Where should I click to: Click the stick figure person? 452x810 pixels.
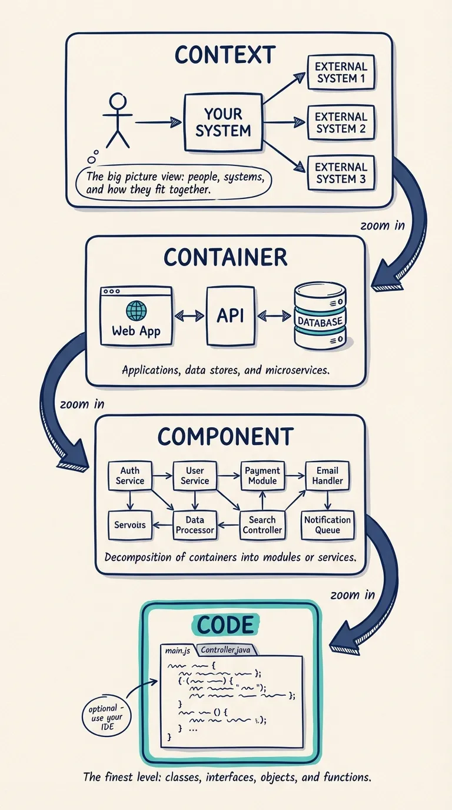118,121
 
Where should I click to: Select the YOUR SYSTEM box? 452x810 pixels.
223,122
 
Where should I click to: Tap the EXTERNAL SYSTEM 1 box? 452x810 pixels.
341,72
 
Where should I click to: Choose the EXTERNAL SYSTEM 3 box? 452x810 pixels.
341,172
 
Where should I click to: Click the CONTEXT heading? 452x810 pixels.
225,55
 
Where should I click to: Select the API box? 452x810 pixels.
230,316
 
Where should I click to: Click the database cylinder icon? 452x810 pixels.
320,316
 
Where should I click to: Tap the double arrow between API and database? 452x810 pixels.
274,317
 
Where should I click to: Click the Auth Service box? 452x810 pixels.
130,476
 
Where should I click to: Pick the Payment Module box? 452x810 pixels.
262,476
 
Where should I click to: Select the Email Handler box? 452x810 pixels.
327,476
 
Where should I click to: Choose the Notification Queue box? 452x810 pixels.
327,524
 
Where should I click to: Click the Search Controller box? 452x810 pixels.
262,524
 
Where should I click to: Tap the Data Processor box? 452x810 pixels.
195,524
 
